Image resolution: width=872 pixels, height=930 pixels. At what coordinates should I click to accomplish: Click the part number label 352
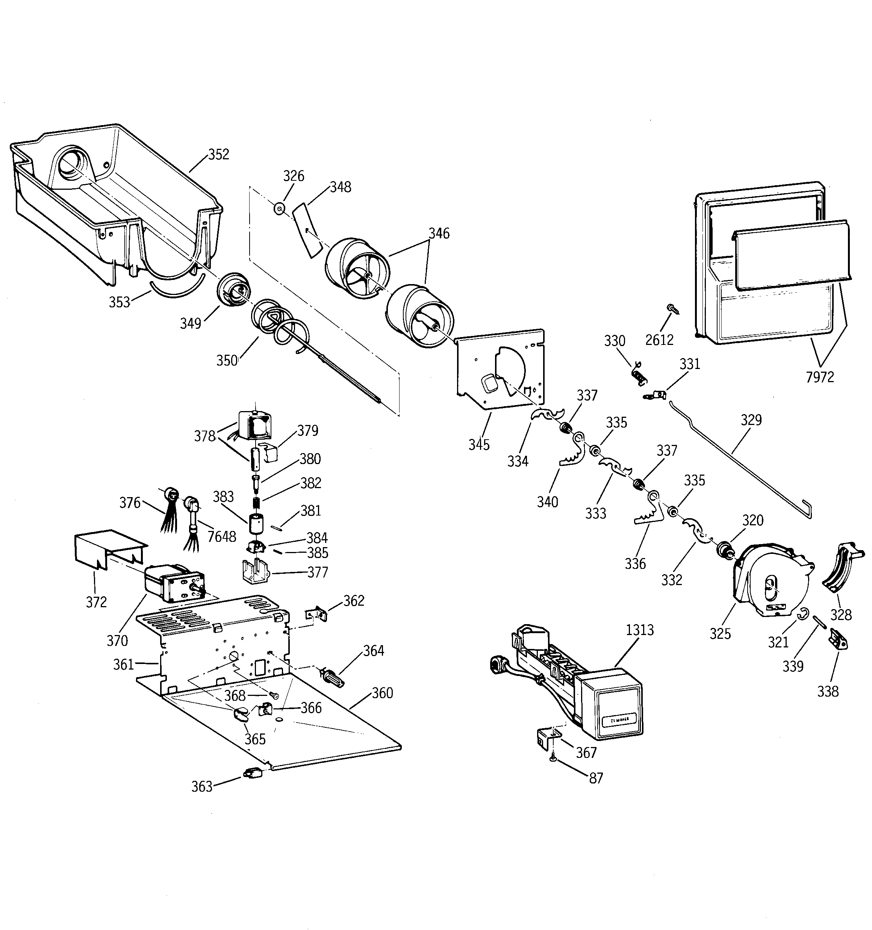pyautogui.click(x=219, y=154)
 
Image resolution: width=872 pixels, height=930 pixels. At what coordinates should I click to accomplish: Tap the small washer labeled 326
pyautogui.click(x=279, y=208)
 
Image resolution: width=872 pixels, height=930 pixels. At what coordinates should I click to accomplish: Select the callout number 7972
pyautogui.click(x=820, y=377)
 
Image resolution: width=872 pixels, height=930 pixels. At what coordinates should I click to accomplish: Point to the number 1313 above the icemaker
pyautogui.click(x=639, y=630)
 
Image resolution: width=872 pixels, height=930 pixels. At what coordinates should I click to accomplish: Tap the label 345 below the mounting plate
pyautogui.click(x=479, y=445)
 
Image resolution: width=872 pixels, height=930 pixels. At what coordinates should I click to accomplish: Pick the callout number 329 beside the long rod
pyautogui.click(x=751, y=420)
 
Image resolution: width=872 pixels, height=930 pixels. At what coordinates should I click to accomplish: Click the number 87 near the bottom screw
pyautogui.click(x=595, y=778)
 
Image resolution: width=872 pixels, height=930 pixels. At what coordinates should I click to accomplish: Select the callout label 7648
pyautogui.click(x=221, y=536)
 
